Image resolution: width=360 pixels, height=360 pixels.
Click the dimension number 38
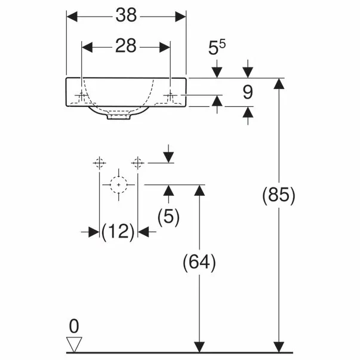point(126,15)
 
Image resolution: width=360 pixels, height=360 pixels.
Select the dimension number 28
point(125,46)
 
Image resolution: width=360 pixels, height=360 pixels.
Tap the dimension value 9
point(248,92)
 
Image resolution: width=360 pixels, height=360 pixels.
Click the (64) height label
point(199,262)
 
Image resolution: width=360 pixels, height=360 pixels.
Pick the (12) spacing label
point(118,232)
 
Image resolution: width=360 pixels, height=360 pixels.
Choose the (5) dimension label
point(168,217)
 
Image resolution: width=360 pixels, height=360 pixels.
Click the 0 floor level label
point(74,326)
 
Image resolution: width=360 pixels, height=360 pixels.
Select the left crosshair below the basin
point(100,163)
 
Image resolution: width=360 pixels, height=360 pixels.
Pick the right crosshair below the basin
point(137,163)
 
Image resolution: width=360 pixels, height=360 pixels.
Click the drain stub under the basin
point(119,116)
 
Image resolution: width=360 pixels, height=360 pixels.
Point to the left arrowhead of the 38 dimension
point(72,17)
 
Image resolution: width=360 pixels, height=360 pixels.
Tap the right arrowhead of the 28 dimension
point(165,47)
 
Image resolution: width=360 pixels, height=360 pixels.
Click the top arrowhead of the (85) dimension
point(279,84)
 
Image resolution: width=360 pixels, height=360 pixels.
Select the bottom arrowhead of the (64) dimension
point(199,347)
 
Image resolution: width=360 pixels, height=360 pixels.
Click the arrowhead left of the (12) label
point(94,232)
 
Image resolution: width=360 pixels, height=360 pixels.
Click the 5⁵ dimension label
point(217,47)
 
